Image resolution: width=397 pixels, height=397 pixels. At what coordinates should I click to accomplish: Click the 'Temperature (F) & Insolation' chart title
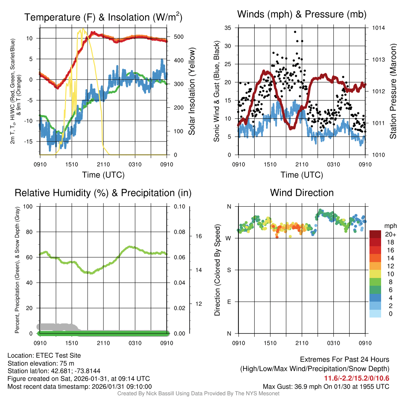coord(103,17)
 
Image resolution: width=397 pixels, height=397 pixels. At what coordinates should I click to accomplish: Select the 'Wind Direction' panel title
coord(302,193)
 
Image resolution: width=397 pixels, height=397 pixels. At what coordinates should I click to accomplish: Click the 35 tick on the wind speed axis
coord(228,28)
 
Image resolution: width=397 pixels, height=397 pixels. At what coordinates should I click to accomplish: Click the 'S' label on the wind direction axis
coord(229,270)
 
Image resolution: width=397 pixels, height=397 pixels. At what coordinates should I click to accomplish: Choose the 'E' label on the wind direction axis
coord(229,302)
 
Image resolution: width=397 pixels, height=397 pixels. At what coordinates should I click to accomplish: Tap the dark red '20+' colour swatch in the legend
coord(376,234)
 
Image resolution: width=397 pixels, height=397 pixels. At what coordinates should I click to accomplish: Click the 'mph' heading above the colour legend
coord(390,226)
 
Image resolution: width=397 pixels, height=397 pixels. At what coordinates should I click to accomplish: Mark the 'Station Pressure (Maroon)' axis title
coord(393,91)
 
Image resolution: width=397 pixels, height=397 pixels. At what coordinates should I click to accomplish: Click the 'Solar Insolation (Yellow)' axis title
coord(192,91)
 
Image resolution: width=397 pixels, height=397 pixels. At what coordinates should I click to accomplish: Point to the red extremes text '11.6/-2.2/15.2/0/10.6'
coord(357,378)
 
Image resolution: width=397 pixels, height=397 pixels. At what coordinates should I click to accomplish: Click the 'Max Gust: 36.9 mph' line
coord(326,386)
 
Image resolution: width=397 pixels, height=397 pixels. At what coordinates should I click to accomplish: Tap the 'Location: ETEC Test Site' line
coord(44,356)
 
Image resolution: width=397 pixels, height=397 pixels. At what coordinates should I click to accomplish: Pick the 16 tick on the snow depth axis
coord(198,236)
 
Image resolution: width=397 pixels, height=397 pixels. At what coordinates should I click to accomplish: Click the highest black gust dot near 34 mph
coord(295,32)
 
